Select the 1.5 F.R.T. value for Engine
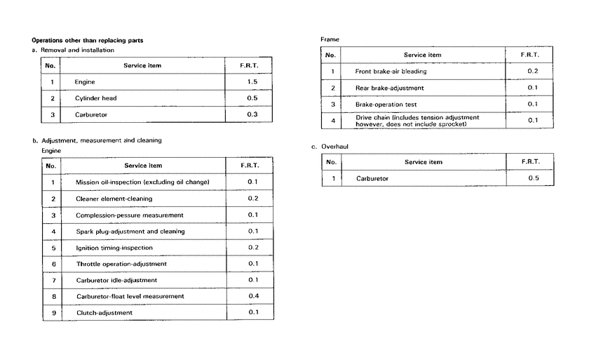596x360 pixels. click(x=252, y=82)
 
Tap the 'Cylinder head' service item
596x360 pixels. click(x=96, y=98)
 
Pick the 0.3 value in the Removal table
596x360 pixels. click(x=252, y=114)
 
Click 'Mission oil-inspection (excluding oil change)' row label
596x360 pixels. click(x=142, y=182)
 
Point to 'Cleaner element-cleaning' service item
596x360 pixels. click(x=114, y=199)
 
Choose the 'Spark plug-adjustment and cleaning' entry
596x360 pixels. click(x=130, y=231)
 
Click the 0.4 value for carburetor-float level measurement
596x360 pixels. click(x=253, y=296)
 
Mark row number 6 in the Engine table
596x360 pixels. click(x=53, y=264)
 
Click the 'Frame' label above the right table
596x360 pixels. click(x=330, y=39)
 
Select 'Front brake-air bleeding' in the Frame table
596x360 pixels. click(x=391, y=72)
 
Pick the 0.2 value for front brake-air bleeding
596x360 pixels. click(x=532, y=72)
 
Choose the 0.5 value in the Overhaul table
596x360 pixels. click(x=533, y=178)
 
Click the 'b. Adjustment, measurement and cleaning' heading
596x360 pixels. click(x=97, y=140)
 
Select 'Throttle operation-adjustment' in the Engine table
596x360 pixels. click(x=121, y=264)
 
